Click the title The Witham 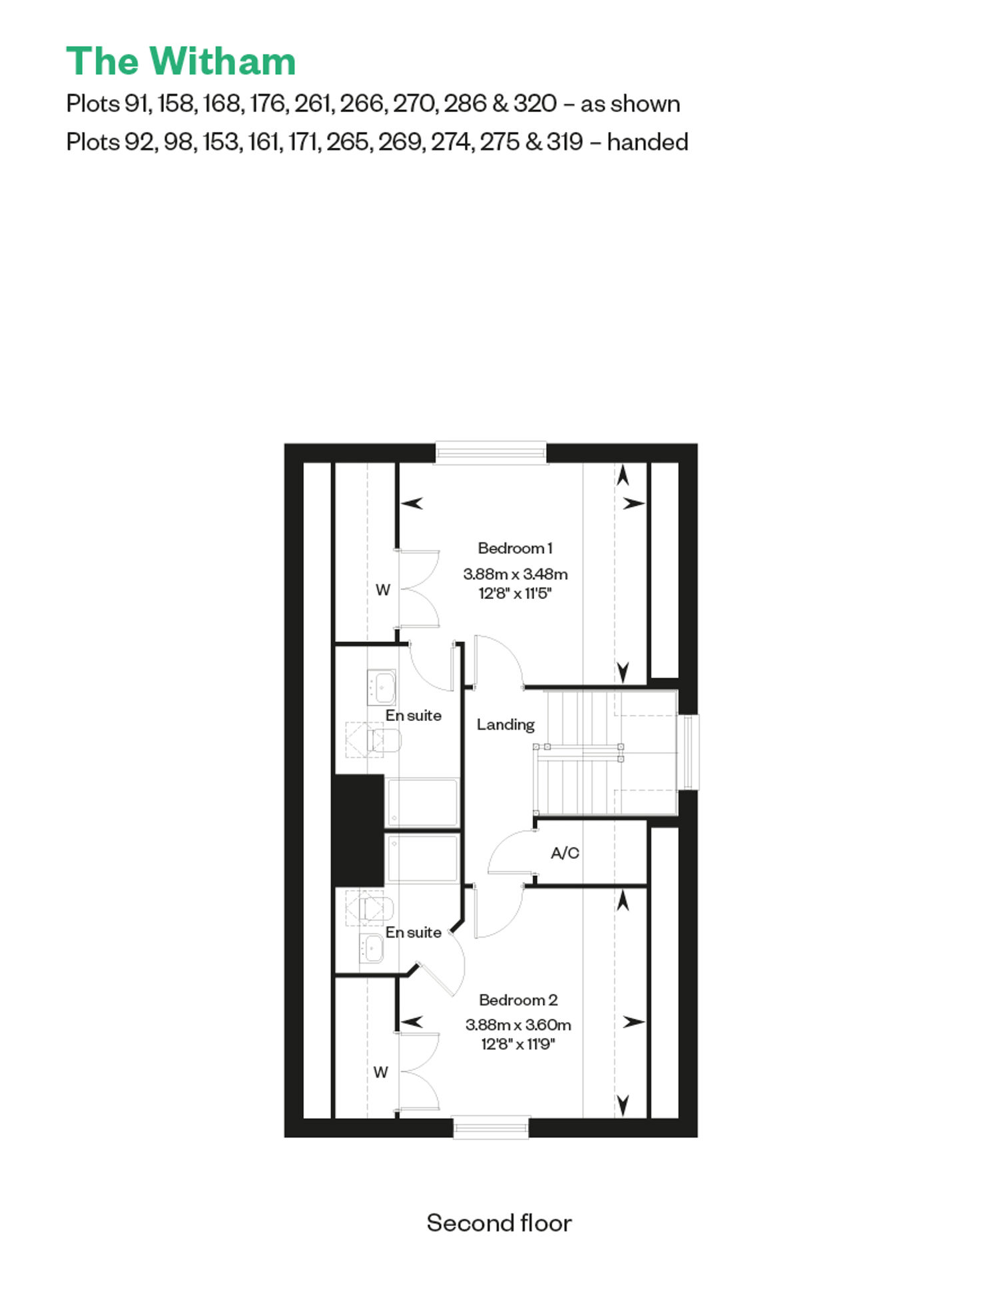[x=181, y=61]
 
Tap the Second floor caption [x=499, y=1223]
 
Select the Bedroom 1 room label [x=515, y=548]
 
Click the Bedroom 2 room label [x=518, y=999]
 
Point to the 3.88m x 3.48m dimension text [x=515, y=574]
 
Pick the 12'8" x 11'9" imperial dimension [x=518, y=1043]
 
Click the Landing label [x=505, y=724]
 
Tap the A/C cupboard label [x=565, y=853]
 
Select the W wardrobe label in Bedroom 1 [x=382, y=590]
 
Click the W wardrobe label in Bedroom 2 [x=380, y=1072]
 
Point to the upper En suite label [x=414, y=715]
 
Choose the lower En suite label [x=414, y=932]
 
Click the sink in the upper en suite [x=382, y=687]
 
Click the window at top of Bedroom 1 [x=491, y=453]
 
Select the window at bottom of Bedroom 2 [x=491, y=1127]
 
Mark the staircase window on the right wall [x=689, y=752]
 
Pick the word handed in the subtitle [x=647, y=142]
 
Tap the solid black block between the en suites [x=358, y=831]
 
